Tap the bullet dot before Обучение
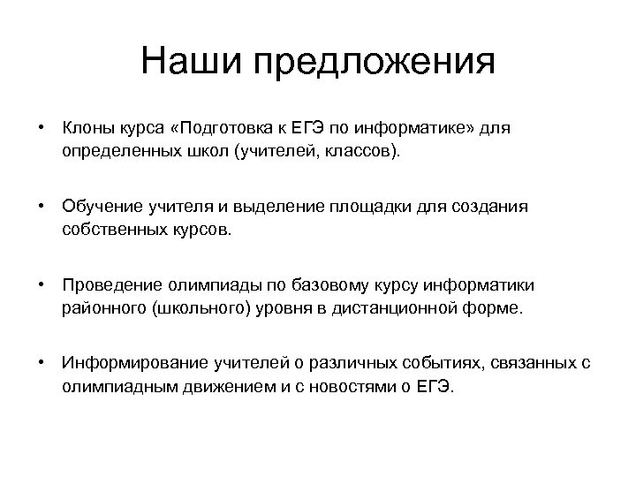(x=41, y=207)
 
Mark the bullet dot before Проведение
(x=41, y=285)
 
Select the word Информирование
(x=118, y=364)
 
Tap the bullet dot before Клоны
(x=41, y=128)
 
